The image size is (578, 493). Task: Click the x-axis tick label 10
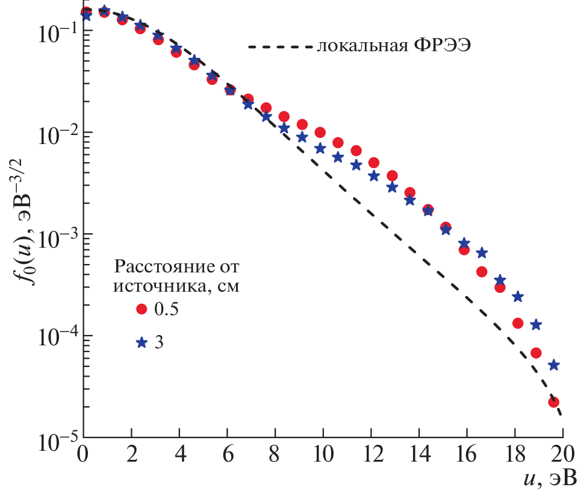point(323,451)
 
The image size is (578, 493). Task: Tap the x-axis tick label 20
point(564,451)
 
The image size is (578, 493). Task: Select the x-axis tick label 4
point(179,451)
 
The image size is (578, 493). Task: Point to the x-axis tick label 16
point(467,451)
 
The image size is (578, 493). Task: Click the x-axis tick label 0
point(84,451)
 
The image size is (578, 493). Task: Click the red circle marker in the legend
point(141,309)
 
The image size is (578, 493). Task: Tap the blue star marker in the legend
point(141,342)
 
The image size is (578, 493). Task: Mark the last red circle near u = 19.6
point(553,402)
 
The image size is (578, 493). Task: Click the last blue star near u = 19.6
point(554,365)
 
